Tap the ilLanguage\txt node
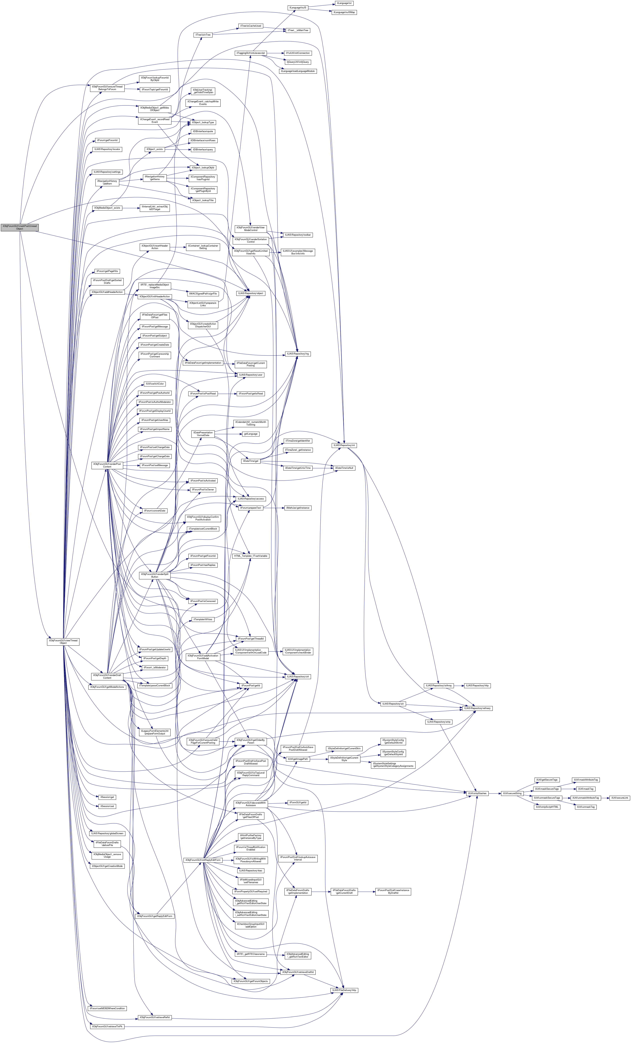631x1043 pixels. pos(344,3)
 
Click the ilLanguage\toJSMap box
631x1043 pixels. pos(344,12)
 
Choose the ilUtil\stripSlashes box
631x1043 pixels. pos(477,794)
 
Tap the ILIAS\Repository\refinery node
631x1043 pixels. pos(477,708)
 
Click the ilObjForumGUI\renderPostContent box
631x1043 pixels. pos(107,465)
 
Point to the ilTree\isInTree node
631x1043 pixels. pos(203,35)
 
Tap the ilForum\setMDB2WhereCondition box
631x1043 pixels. pos(107,1009)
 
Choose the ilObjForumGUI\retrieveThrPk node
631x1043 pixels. pos(107,1027)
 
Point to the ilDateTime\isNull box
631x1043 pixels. pos(345,468)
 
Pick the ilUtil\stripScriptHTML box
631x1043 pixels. pos(547,807)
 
